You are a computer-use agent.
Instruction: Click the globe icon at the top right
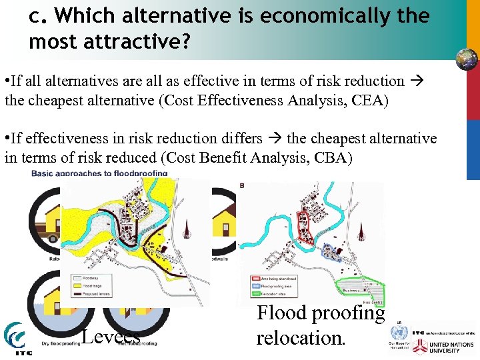[466, 59]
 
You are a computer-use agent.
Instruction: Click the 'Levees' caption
[111, 336]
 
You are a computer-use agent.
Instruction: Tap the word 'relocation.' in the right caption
[301, 337]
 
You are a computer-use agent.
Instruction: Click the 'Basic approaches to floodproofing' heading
[99, 173]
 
